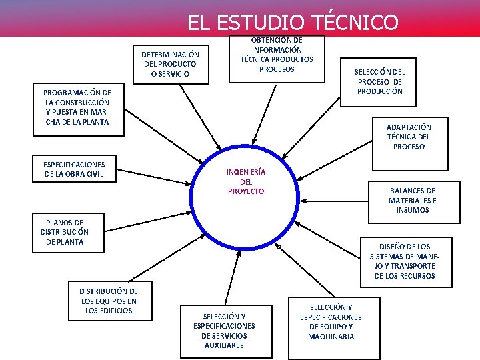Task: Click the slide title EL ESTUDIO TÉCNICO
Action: pyautogui.click(x=293, y=23)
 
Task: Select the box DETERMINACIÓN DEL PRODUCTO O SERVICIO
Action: pyautogui.click(x=170, y=64)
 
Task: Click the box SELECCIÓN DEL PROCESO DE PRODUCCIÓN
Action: pyautogui.click(x=379, y=81)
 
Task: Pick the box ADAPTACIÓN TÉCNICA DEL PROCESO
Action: pyautogui.click(x=409, y=137)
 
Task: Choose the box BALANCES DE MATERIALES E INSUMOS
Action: pyautogui.click(x=412, y=201)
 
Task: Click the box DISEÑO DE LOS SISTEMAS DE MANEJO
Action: pyautogui.click(x=405, y=261)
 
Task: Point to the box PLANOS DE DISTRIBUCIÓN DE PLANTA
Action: pyautogui.click(x=65, y=233)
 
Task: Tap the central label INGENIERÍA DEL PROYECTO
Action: pyautogui.click(x=246, y=181)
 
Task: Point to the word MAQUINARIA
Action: pyautogui.click(x=331, y=337)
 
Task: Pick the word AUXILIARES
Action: pyautogui.click(x=224, y=345)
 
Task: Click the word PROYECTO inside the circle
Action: pyautogui.click(x=246, y=191)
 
